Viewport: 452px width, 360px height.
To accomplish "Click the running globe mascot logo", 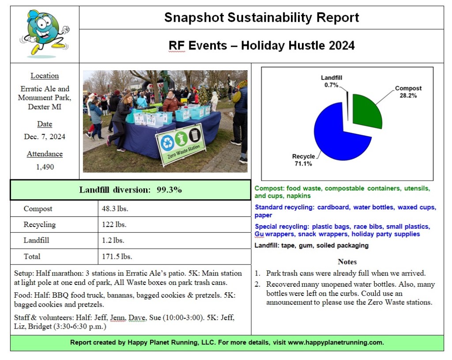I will [x=45, y=34].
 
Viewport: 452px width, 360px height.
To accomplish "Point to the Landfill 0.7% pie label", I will [x=331, y=81].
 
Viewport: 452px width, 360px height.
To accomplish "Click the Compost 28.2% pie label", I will [x=408, y=91].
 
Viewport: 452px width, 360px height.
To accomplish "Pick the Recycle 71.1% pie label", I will [x=304, y=160].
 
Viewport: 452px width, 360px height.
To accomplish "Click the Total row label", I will [x=32, y=256].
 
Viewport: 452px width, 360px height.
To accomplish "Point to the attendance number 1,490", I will [x=44, y=167].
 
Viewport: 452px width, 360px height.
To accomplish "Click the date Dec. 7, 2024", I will [x=44, y=136].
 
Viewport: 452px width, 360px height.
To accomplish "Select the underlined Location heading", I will [x=45, y=76].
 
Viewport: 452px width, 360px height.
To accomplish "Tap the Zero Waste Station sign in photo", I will [x=181, y=144].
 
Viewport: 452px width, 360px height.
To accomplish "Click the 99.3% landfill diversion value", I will [x=169, y=190].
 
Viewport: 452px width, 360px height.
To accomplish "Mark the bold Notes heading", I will [x=347, y=261].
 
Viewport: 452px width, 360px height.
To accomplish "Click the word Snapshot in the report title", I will [x=194, y=18].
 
